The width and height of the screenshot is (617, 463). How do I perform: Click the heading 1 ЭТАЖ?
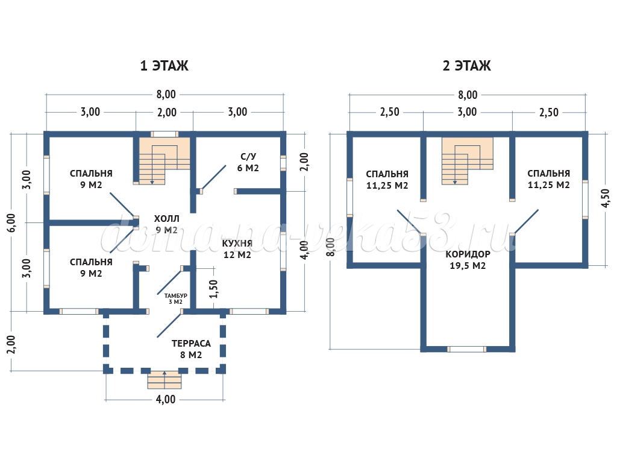pos(164,66)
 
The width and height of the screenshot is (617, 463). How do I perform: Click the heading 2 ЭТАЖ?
pos(467,66)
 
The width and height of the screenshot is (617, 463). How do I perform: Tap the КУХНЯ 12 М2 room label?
pos(236,248)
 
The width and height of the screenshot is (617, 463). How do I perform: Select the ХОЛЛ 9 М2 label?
pos(166,224)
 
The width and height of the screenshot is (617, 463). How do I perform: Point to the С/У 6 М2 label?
pos(248,162)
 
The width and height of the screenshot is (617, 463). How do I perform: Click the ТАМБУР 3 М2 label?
pos(176,298)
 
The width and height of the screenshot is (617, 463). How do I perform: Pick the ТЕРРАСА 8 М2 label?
pos(191,349)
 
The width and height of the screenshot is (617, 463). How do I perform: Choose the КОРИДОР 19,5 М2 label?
pos(468,260)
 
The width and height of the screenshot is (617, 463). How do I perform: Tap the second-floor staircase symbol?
pos(467,160)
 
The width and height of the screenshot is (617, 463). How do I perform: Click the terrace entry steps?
pos(164,380)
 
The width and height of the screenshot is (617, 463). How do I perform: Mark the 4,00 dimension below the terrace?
pos(166,399)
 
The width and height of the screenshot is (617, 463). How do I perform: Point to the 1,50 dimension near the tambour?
pos(213,289)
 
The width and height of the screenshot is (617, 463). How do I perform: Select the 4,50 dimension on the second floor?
pos(605,198)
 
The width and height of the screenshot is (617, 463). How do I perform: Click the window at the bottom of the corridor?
pos(467,349)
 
